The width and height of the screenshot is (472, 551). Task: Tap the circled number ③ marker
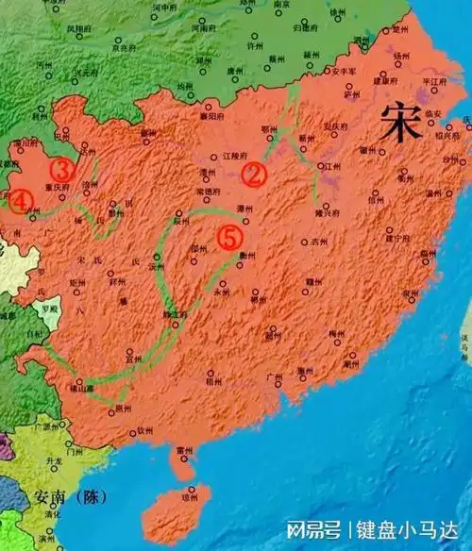tap(62, 171)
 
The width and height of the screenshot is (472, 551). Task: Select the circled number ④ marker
tap(22, 200)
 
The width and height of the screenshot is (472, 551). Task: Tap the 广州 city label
tap(275, 377)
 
